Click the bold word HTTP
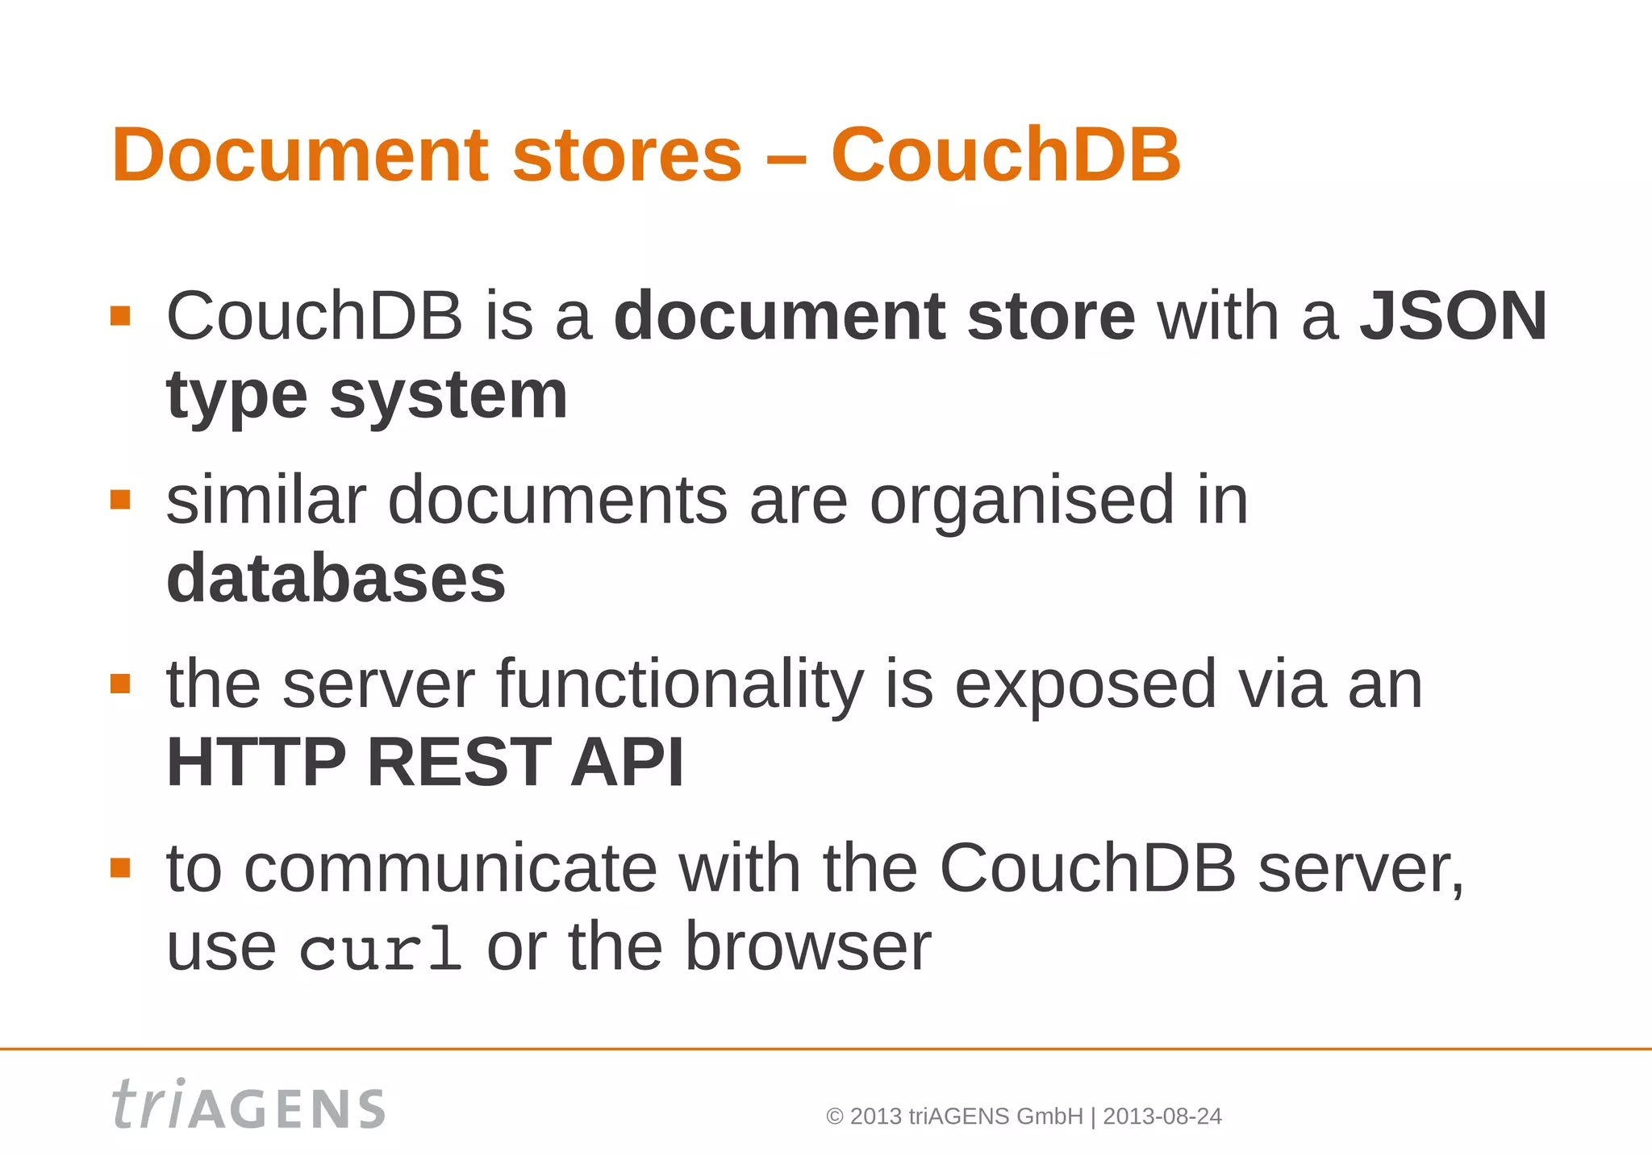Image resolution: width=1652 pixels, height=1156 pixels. (256, 762)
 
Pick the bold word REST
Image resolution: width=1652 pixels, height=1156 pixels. (459, 762)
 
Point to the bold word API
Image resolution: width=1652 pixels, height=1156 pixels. (627, 762)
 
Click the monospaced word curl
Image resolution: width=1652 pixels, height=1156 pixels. (380, 950)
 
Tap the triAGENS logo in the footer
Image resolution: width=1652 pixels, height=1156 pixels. (248, 1104)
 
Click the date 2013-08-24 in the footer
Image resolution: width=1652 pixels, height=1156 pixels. (1162, 1116)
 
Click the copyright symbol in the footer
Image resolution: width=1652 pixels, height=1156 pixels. (835, 1116)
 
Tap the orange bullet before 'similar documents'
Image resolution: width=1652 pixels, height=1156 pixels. (120, 500)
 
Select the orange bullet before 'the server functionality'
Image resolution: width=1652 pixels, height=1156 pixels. (120, 684)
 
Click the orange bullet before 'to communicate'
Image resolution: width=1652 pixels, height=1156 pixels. (120, 867)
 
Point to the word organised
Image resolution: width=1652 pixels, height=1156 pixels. (1021, 501)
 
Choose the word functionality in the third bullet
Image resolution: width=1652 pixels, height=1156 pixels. (679, 684)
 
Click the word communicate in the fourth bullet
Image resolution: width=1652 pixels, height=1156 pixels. (450, 868)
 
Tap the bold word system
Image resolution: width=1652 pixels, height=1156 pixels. (448, 396)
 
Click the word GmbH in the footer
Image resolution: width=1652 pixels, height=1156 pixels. (1049, 1116)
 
